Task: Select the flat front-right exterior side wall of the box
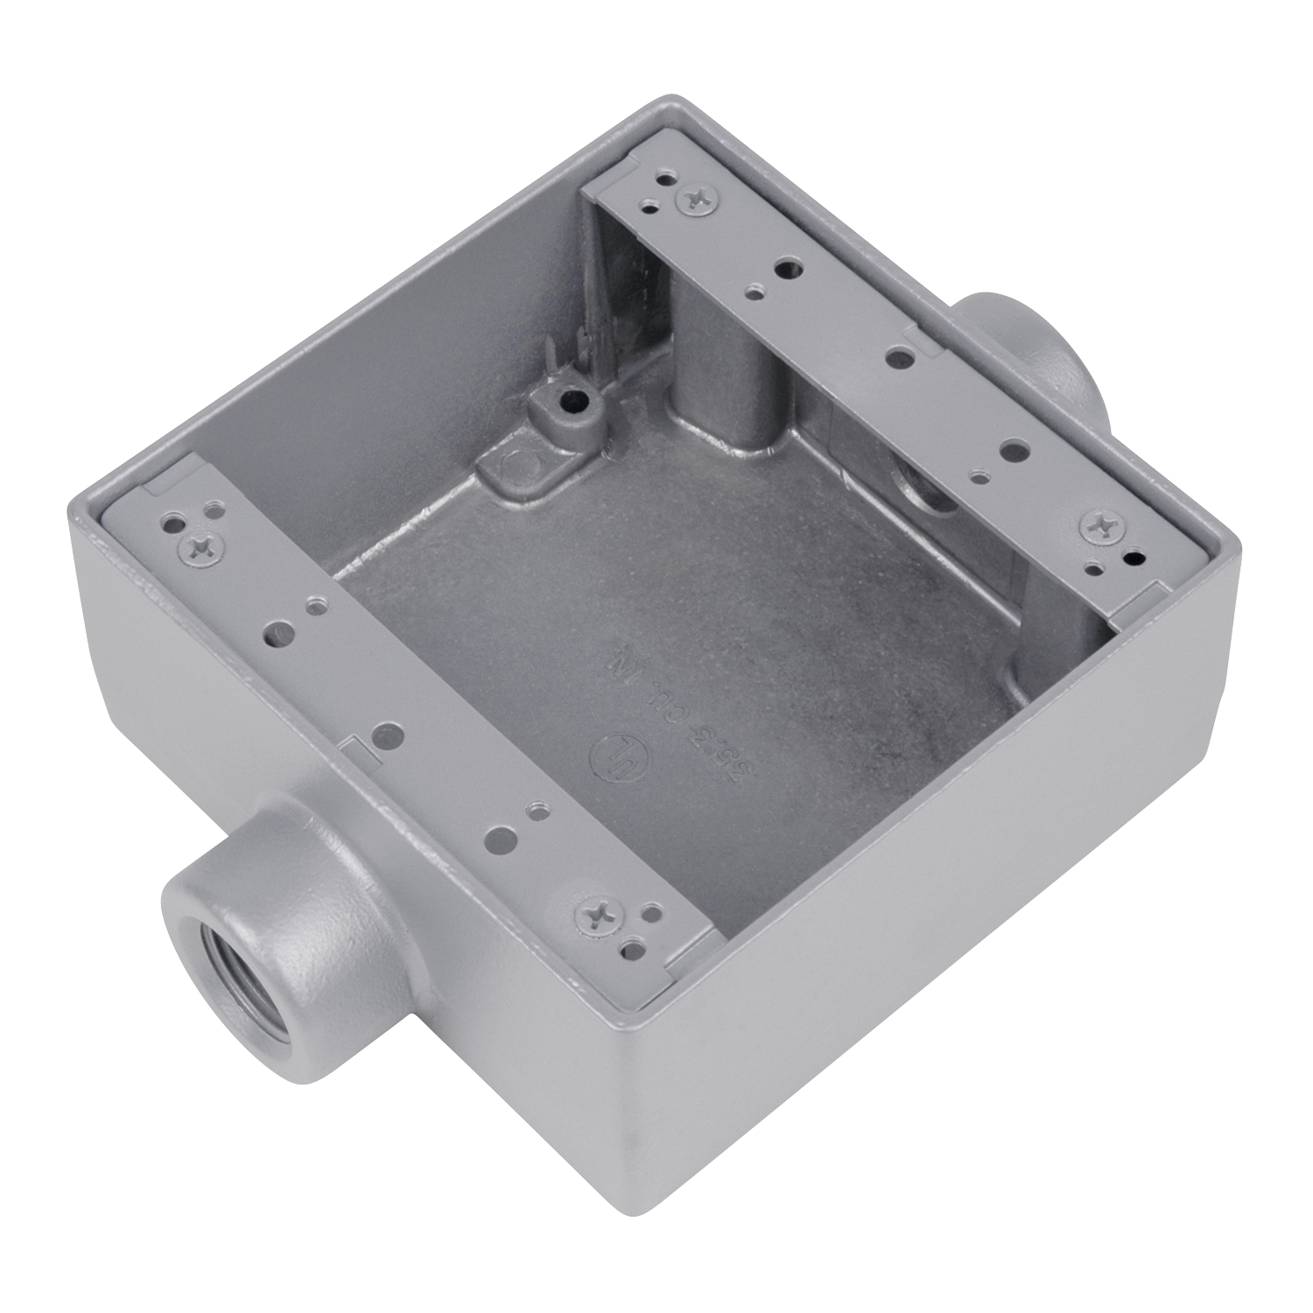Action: pos(945,919)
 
